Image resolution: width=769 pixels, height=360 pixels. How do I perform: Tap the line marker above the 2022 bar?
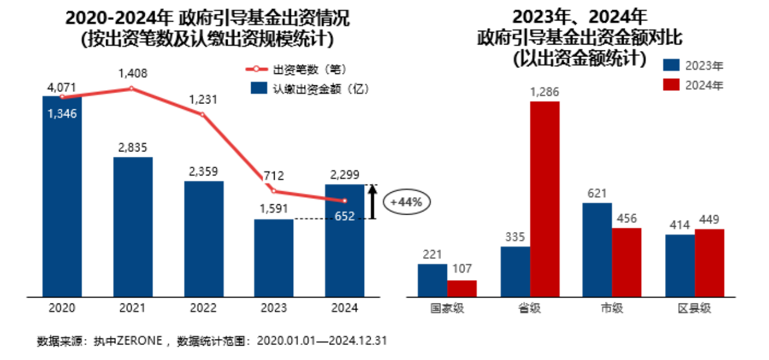click(202, 114)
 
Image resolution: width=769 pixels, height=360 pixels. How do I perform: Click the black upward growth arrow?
click(372, 202)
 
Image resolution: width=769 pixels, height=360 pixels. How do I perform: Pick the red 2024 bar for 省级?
click(544, 198)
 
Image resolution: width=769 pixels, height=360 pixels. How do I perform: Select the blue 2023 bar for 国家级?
click(433, 280)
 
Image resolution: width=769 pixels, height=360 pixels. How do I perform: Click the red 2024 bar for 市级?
click(627, 262)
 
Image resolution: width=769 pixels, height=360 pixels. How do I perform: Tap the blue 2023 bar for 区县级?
click(680, 265)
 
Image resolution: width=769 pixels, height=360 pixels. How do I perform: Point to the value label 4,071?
click(61, 88)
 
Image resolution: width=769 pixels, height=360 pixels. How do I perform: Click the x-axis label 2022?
click(203, 308)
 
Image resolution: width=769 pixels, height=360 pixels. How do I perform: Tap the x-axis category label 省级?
click(529, 308)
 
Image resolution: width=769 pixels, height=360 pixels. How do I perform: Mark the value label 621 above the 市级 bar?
click(597, 194)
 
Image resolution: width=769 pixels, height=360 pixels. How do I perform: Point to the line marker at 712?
click(273, 191)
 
